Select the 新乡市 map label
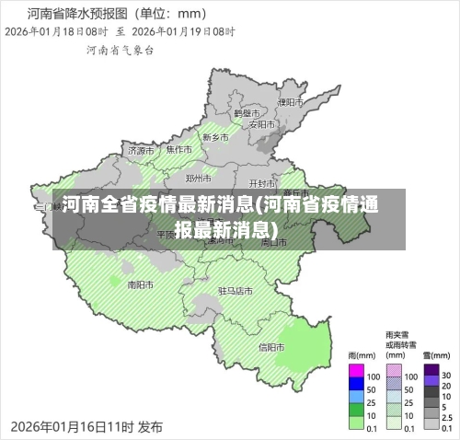(x=214, y=137)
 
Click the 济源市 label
(x=141, y=150)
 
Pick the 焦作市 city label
(x=178, y=149)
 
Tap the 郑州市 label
(x=199, y=178)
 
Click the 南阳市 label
(x=140, y=284)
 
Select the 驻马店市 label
(x=235, y=290)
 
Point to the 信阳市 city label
(x=271, y=347)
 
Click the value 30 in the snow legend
(x=447, y=376)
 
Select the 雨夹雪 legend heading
(x=397, y=335)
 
